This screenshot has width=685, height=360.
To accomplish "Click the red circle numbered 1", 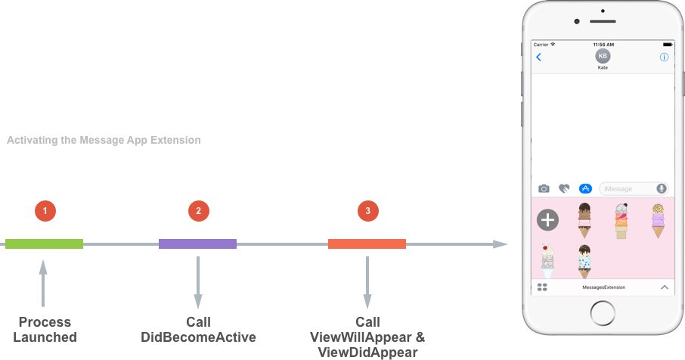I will [45, 211].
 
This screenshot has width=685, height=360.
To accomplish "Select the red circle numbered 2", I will [198, 211].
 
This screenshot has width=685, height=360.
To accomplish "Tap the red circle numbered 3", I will [367, 211].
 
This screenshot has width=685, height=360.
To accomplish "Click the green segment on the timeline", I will [44, 244].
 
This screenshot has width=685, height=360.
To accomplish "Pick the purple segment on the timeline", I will [197, 244].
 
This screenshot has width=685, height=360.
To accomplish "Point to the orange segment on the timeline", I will [367, 244].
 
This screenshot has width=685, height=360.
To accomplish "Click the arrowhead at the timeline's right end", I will [501, 244].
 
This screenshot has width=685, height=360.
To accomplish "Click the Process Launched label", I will [45, 329].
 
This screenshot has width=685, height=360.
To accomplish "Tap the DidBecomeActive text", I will [198, 337].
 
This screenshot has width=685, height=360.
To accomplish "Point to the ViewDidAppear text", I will [367, 352].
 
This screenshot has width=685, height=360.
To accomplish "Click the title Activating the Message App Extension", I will [104, 140].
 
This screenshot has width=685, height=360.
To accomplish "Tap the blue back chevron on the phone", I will [539, 57].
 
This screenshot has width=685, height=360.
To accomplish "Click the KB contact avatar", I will [602, 56].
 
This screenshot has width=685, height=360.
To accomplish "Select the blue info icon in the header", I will [664, 57].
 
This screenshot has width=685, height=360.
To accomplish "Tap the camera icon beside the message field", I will [544, 188].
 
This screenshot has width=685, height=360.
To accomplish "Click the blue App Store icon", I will [584, 188].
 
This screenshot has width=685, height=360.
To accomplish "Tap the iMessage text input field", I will [628, 188].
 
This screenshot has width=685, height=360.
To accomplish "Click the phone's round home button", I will [603, 312].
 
